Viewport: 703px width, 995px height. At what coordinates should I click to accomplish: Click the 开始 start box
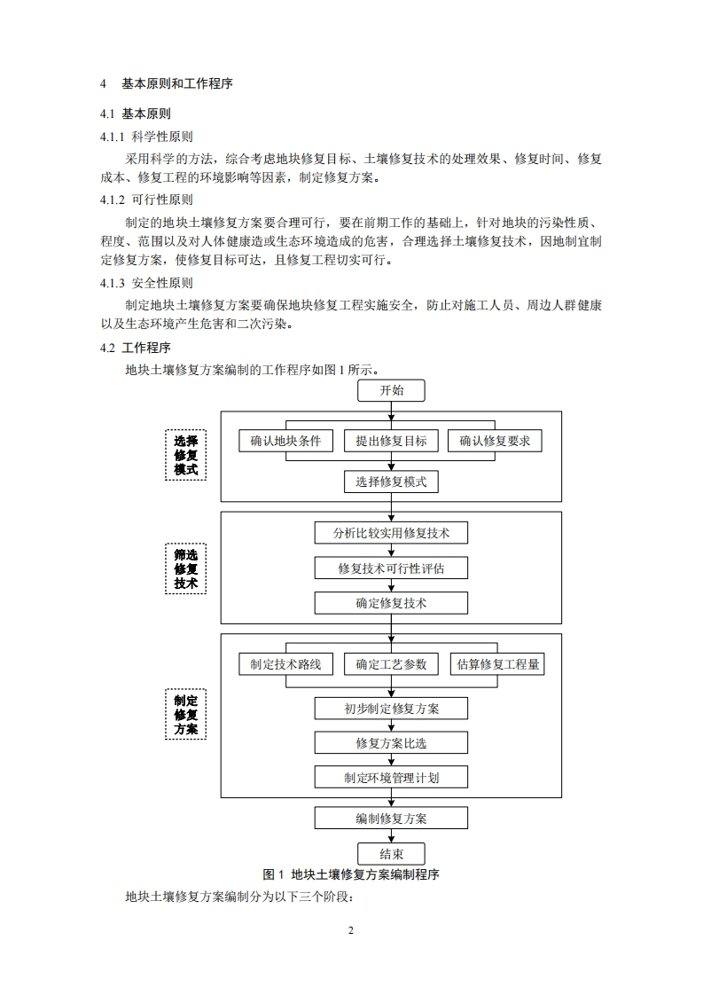tap(391, 390)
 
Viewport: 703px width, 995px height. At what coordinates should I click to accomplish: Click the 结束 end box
tap(391, 854)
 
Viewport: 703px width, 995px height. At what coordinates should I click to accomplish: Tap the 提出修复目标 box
tap(391, 441)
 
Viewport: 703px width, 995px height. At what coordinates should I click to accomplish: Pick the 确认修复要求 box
tap(495, 441)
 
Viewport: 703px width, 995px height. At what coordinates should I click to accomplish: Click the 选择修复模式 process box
tap(391, 482)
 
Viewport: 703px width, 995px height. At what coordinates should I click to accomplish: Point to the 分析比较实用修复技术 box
tap(391, 533)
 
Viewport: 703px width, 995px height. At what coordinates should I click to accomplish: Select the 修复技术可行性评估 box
tap(391, 568)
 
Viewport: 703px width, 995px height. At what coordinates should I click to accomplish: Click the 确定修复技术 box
tap(391, 603)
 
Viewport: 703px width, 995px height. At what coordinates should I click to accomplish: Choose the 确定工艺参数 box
tap(391, 664)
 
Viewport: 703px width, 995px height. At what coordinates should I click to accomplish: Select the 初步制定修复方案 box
tap(391, 709)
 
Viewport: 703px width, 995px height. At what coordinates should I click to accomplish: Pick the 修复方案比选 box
tap(391, 743)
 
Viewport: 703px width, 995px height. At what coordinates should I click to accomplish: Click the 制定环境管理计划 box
tap(391, 778)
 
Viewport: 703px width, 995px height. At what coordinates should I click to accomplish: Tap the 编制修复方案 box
tap(391, 818)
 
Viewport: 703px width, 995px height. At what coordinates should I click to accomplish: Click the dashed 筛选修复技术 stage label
tap(185, 569)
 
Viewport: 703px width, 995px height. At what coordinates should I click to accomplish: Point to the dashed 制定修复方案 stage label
tap(185, 715)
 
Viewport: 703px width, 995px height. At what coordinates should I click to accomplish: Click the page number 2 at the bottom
tap(351, 930)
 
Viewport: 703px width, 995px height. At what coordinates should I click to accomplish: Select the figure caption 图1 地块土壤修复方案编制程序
tap(352, 874)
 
